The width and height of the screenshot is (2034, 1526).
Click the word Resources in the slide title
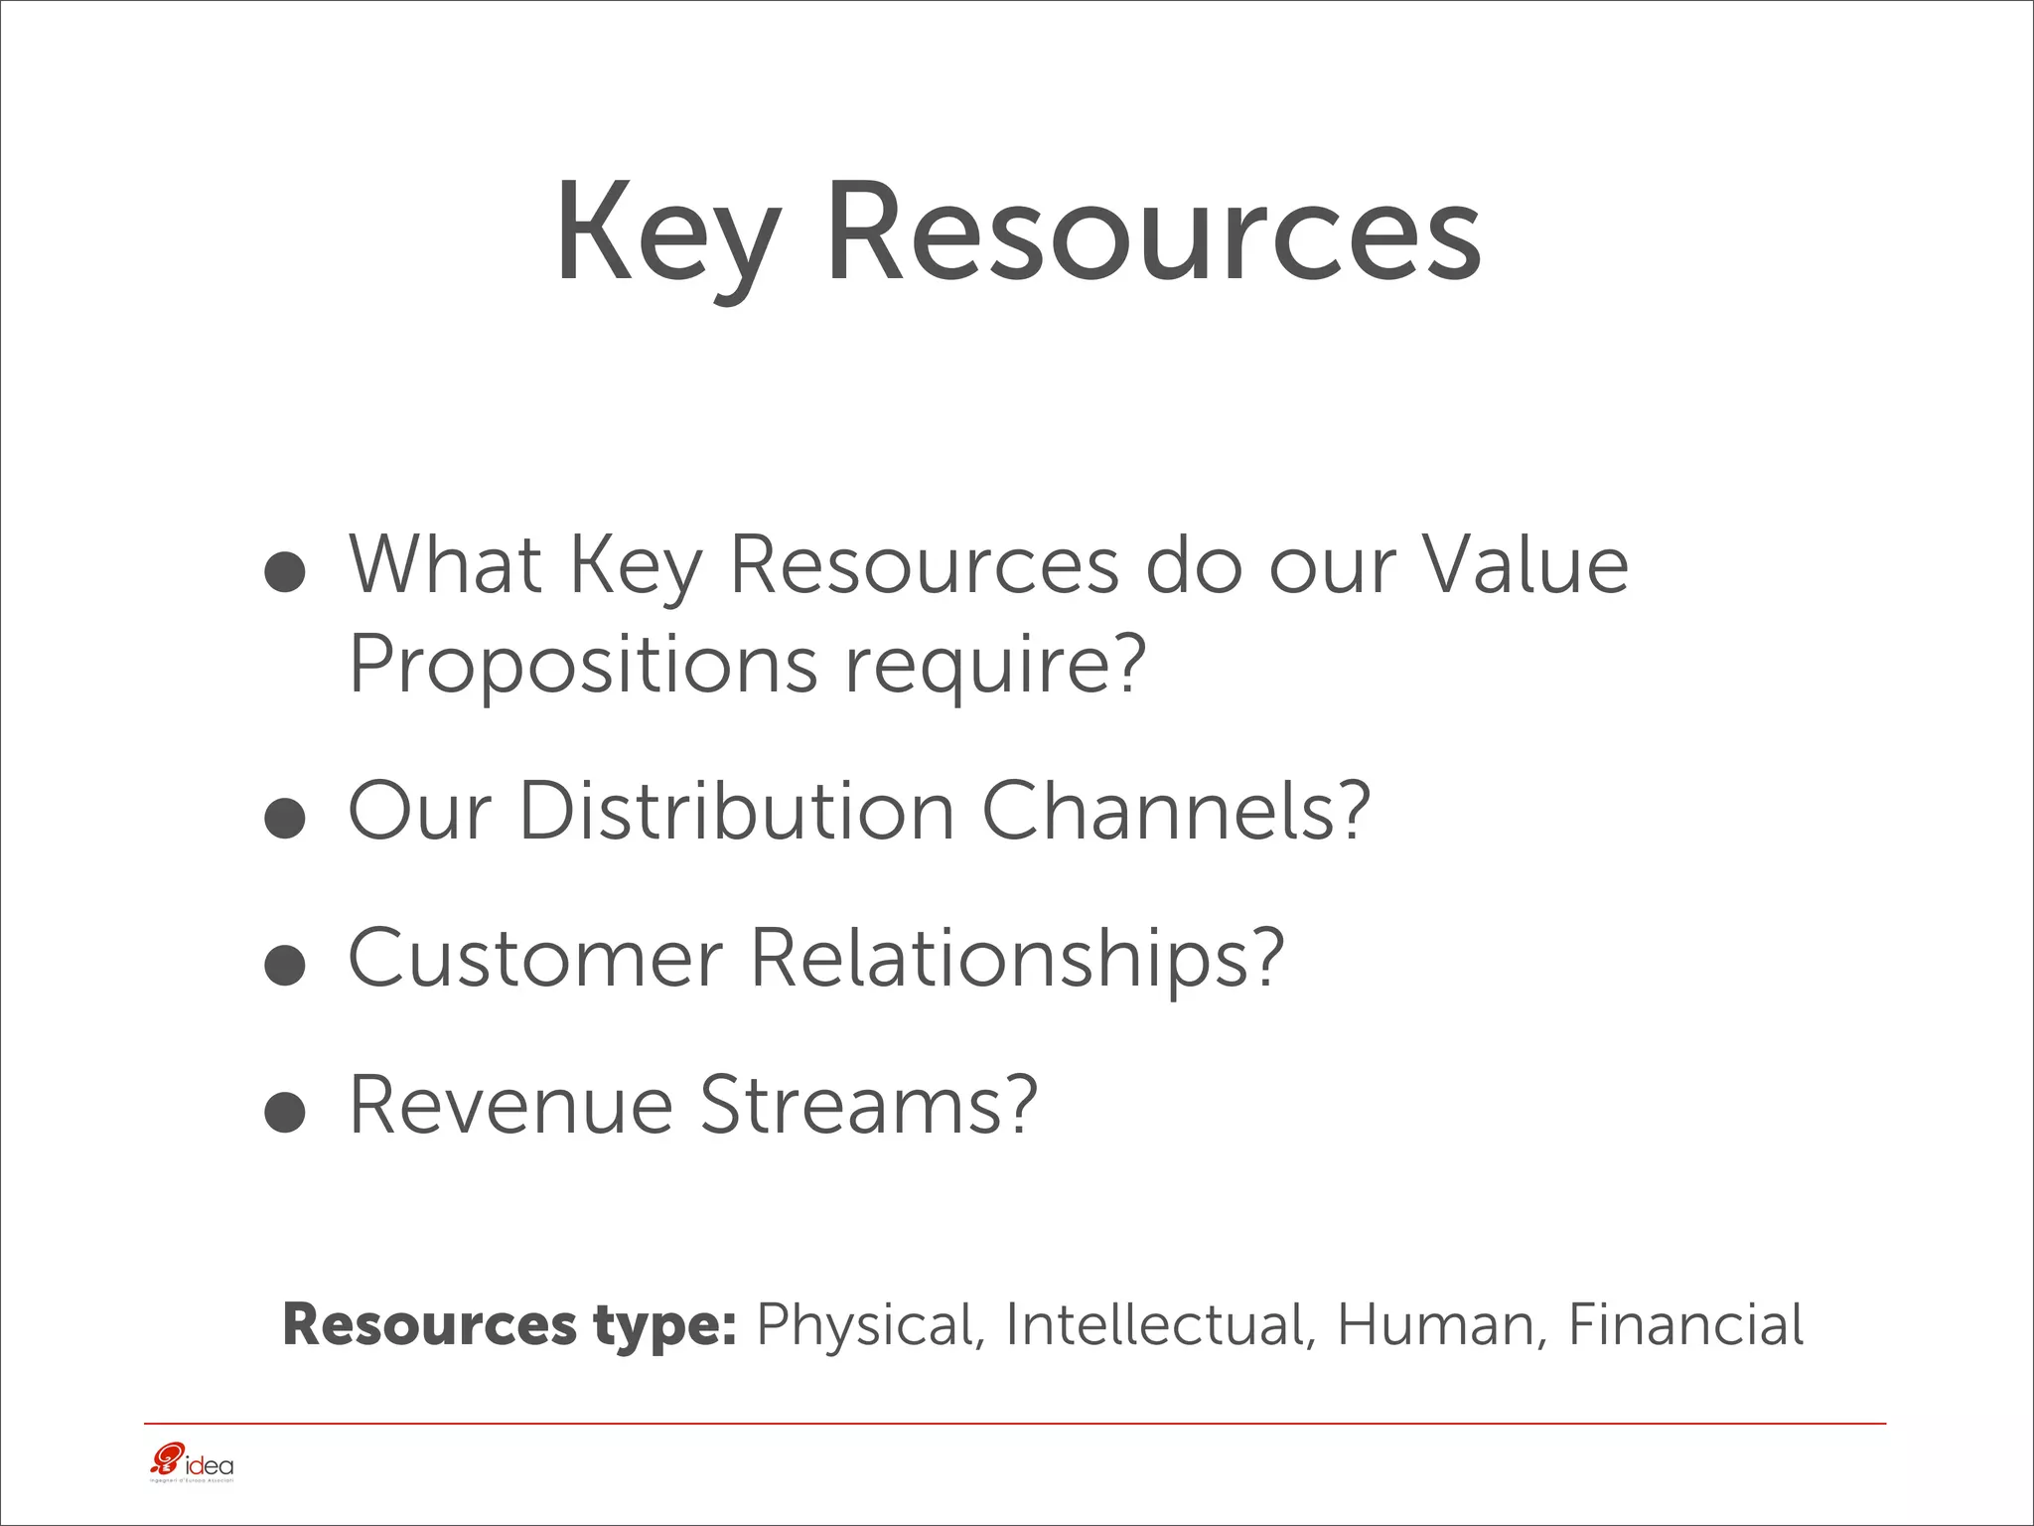[x=1152, y=235]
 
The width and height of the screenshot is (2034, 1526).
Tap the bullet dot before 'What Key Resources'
[x=285, y=573]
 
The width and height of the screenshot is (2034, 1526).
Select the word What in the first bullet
[x=445, y=564]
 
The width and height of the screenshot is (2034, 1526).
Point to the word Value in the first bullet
[x=1525, y=564]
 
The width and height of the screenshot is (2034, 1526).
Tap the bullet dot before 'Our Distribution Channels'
[x=285, y=820]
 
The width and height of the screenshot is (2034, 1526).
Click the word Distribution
[x=737, y=812]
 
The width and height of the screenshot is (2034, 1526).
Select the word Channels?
[x=1176, y=812]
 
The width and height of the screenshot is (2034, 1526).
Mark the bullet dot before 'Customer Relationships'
[x=285, y=966]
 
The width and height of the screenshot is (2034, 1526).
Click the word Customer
[x=534, y=958]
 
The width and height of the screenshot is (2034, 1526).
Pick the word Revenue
[x=510, y=1105]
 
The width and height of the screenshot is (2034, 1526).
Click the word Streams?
[x=869, y=1105]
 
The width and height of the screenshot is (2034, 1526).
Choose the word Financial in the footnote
[x=1685, y=1325]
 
